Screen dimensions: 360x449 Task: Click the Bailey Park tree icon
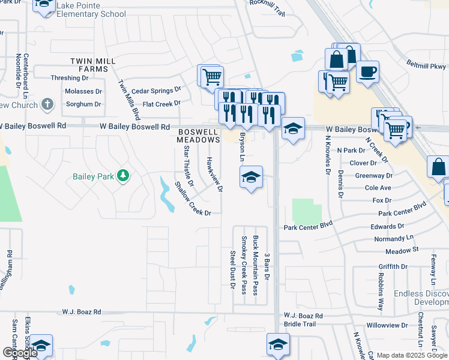click(x=123, y=175)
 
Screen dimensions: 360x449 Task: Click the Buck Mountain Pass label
click(x=256, y=265)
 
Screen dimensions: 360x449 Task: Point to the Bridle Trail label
click(x=300, y=324)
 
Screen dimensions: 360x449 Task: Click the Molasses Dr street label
click(x=83, y=91)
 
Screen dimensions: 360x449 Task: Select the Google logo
click(x=19, y=353)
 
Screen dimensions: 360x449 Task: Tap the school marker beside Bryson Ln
click(x=252, y=177)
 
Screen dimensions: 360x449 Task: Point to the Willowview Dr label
click(x=387, y=325)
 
